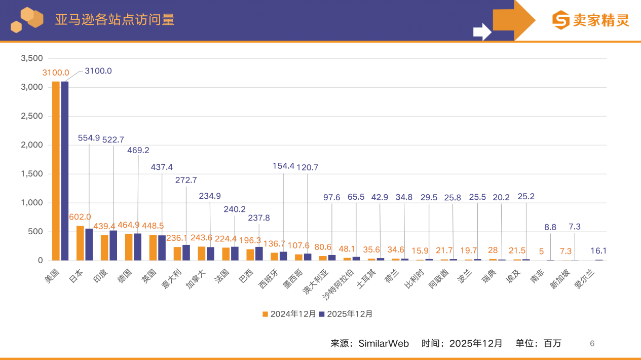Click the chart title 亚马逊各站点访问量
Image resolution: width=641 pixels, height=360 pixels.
tap(115, 20)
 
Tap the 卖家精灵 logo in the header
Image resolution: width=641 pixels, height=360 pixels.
tap(591, 20)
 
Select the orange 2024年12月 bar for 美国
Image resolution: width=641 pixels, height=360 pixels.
tap(56, 171)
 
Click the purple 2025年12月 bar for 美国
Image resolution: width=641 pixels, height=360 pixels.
tap(65, 171)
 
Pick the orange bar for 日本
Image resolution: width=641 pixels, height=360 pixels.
tap(80, 243)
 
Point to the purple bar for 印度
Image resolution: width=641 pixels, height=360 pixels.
tap(114, 246)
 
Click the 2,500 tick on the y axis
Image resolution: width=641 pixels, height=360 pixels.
tap(31, 116)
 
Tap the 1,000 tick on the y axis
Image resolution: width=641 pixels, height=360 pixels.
tap(31, 203)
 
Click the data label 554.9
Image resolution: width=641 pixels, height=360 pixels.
tap(89, 138)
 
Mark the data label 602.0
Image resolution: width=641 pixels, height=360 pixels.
tap(80, 217)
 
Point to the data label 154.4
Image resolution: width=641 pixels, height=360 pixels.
tap(283, 166)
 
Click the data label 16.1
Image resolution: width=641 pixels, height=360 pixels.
tap(598, 250)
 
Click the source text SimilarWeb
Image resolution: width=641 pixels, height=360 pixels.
tap(384, 343)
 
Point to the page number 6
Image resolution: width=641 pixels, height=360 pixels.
tap(592, 343)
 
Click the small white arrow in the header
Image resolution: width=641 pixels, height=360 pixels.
tap(482, 32)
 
